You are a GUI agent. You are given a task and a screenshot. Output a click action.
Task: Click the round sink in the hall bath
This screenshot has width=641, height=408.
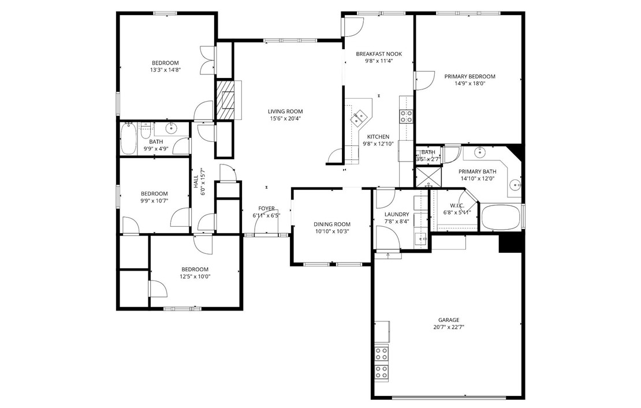click(172, 128)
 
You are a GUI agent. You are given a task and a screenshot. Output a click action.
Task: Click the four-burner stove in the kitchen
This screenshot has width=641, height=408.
click(406, 115)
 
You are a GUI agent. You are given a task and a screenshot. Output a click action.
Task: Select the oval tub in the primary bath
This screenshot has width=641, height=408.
click(501, 218)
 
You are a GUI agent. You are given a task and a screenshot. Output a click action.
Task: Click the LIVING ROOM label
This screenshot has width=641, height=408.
click(285, 111)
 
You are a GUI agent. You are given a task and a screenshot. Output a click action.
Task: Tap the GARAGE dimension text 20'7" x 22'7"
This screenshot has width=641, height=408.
click(449, 327)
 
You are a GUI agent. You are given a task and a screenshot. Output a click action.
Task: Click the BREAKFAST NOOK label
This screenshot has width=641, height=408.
click(379, 54)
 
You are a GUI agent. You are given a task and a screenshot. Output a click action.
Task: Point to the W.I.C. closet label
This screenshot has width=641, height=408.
click(457, 205)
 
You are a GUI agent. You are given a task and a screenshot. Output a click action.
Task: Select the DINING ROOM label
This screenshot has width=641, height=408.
click(332, 224)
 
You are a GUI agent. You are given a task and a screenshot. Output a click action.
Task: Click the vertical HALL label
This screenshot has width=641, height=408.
click(196, 182)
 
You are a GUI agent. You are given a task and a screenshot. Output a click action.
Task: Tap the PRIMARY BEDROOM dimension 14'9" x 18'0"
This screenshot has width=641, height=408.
click(469, 83)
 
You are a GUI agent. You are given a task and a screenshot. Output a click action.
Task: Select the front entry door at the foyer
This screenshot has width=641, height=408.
click(266, 234)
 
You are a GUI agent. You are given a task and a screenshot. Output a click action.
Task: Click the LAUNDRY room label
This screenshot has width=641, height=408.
click(397, 214)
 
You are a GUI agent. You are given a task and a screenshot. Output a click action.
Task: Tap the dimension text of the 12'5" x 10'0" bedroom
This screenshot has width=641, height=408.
click(195, 276)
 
